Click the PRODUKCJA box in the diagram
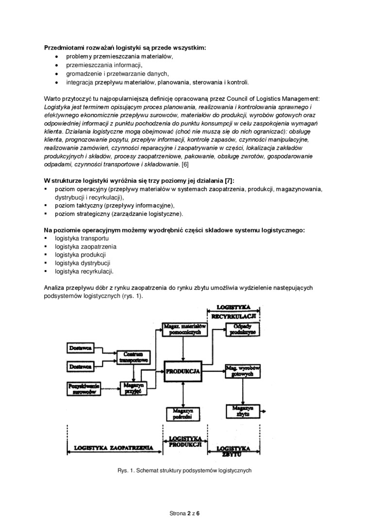point(183,371)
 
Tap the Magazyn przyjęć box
point(129,387)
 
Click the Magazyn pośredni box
point(183,414)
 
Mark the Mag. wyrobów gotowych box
point(243,371)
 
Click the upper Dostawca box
point(81,348)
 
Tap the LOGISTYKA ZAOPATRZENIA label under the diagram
point(114,447)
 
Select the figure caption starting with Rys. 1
point(184,470)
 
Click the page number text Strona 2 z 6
point(184,513)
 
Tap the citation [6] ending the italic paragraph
point(185,164)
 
